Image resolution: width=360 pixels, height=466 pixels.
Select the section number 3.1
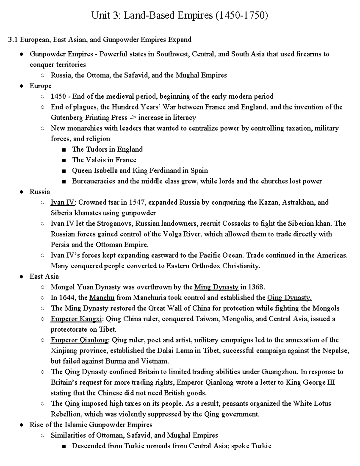coord(13,40)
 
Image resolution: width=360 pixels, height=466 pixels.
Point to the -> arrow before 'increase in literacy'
coord(132,117)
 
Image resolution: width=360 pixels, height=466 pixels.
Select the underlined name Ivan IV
coord(62,202)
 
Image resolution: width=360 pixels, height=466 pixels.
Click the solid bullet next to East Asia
coord(21,277)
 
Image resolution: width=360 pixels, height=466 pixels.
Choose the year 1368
coord(256,287)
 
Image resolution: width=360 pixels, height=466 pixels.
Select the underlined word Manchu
coord(102,297)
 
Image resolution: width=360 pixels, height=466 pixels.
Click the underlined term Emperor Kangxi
coord(76,319)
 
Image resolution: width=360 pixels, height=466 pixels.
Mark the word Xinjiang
coord(64,350)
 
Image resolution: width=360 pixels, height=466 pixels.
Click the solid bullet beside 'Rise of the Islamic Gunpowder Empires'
coord(21,425)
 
